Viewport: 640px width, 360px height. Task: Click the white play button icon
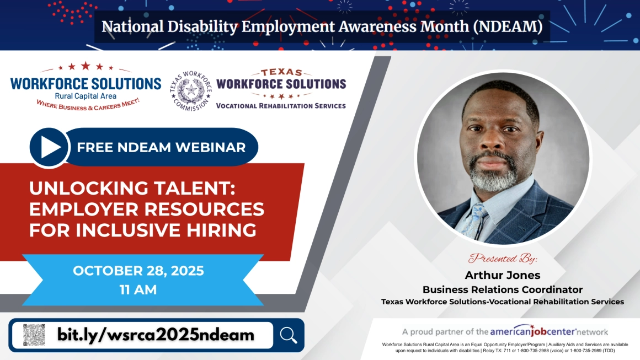(x=50, y=147)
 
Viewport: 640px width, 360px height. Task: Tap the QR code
(x=34, y=335)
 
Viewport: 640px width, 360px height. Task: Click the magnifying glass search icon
(x=289, y=335)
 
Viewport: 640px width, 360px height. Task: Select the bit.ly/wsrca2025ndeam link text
(x=156, y=335)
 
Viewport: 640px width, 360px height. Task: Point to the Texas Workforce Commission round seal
(x=190, y=90)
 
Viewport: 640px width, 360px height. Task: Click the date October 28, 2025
(x=138, y=271)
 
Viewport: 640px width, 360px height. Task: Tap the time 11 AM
(x=138, y=289)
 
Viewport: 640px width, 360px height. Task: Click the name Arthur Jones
(x=503, y=275)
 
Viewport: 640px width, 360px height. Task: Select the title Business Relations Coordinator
(x=503, y=289)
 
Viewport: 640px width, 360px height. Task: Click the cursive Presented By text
(x=503, y=259)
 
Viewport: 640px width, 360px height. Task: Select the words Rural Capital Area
(x=86, y=96)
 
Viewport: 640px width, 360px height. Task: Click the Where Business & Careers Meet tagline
(x=88, y=105)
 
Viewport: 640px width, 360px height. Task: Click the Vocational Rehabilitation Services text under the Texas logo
(x=281, y=106)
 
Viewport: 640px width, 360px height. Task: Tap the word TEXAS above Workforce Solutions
(x=281, y=73)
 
